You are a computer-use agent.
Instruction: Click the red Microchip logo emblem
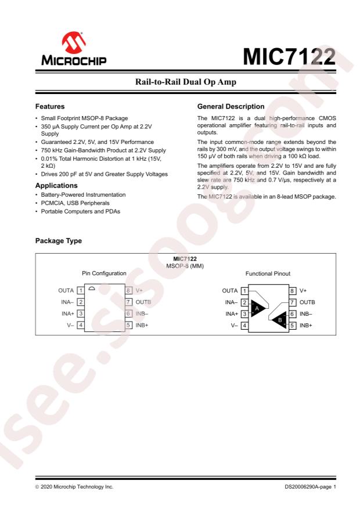(74, 42)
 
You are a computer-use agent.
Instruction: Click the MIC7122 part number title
(289, 56)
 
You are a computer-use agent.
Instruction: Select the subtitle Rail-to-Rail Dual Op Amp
(186, 82)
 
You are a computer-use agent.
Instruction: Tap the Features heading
(50, 106)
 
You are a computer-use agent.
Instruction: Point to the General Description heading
(231, 106)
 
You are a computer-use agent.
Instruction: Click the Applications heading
(56, 185)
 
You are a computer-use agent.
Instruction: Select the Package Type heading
(59, 241)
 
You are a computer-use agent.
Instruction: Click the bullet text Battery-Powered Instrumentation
(83, 195)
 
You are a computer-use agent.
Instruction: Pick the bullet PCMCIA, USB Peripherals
(75, 203)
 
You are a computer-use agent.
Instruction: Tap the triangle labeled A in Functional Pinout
(257, 308)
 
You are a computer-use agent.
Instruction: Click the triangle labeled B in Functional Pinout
(279, 320)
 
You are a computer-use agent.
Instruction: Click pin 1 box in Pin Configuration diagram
(81, 290)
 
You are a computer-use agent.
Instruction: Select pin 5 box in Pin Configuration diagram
(128, 325)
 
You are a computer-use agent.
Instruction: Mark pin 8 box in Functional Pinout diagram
(292, 291)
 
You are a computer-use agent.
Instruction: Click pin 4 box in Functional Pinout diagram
(244, 325)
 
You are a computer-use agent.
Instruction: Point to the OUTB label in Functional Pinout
(307, 302)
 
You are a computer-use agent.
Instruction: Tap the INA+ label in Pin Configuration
(68, 313)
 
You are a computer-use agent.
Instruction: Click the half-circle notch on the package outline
(92, 288)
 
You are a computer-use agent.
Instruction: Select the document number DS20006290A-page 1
(310, 487)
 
